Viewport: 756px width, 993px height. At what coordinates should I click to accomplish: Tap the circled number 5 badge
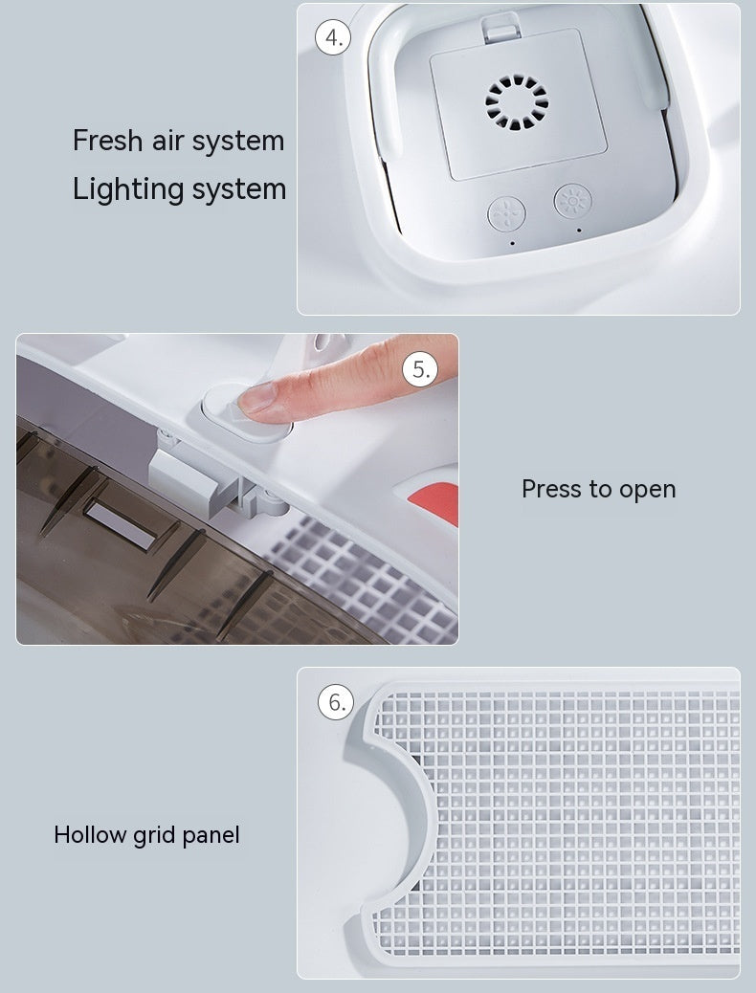[420, 368]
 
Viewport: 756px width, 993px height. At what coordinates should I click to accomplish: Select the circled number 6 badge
[336, 701]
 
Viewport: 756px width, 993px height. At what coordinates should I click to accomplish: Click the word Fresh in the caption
[107, 140]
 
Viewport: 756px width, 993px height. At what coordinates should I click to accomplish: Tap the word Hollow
[90, 835]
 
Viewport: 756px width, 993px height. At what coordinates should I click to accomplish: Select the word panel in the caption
[211, 836]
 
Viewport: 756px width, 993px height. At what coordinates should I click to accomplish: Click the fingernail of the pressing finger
[257, 398]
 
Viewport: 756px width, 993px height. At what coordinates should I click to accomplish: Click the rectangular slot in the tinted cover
[121, 523]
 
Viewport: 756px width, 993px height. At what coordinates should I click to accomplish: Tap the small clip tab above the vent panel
[501, 27]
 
